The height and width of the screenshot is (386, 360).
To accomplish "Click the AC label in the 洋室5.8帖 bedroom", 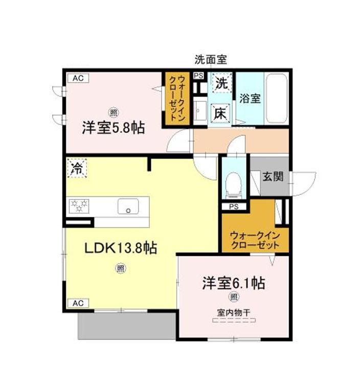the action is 78,78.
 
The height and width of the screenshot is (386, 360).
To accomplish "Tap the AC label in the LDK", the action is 78,303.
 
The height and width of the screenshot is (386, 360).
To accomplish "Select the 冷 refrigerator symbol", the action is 77,168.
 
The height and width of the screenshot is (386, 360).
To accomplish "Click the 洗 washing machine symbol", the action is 222,83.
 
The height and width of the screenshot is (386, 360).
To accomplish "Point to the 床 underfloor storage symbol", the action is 220,113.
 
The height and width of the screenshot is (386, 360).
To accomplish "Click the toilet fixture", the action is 233,185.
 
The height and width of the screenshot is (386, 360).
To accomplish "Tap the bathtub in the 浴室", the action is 277,99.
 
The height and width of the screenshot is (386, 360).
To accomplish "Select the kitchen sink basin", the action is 128,207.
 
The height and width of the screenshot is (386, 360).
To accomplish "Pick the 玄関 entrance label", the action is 273,176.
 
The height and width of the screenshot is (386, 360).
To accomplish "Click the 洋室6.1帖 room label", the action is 233,283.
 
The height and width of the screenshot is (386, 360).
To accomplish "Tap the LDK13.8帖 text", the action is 121,247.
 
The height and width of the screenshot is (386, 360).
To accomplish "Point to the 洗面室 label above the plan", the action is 211,60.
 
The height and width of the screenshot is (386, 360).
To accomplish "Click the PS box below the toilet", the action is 234,207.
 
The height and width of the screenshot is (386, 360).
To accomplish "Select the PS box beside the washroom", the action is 198,76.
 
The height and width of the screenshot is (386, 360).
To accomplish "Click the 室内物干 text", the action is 234,313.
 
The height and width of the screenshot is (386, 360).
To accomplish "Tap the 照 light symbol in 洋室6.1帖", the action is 234,297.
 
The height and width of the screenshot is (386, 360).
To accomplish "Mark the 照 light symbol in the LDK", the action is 120,268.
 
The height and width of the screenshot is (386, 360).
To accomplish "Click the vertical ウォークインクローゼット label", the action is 177,98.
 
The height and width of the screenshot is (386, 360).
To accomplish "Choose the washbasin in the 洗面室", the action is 200,111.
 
